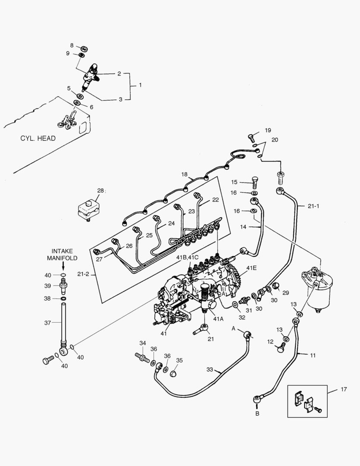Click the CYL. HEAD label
coord(38,139)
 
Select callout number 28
coord(100,190)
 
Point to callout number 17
coord(343,390)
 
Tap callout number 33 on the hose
coord(210,370)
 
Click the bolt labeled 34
coord(141,357)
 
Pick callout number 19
coord(268,130)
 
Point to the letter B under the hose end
coord(257,413)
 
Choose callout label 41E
coord(251,268)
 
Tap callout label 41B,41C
coord(187,258)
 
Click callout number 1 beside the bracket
coord(140,85)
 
